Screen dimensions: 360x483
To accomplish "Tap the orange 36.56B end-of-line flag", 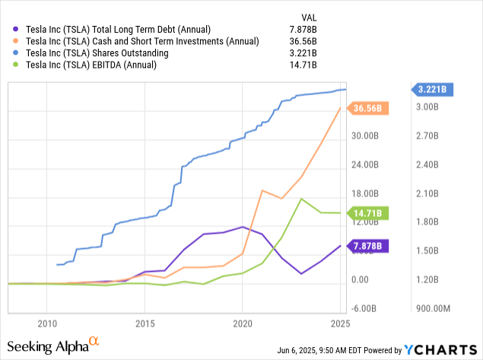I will click(369, 109).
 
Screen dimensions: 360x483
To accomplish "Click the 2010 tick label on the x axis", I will click(47, 323).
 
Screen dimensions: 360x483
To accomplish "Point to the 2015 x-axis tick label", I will click(145, 323).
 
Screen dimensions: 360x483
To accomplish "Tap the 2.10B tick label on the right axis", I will click(429, 193).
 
